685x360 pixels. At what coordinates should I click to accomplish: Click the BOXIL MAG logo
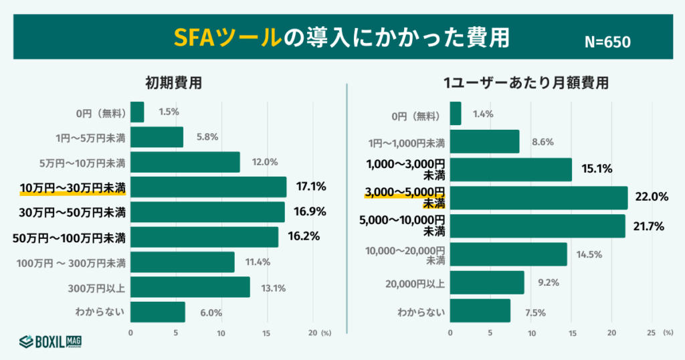click(50, 341)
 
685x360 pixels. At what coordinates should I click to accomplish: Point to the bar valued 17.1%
click(208, 187)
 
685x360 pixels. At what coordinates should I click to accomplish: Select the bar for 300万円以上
click(190, 287)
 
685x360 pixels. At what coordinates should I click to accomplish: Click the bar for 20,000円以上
click(487, 282)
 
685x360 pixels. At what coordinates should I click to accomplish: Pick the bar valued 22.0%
click(539, 197)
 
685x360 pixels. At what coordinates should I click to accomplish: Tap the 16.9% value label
click(309, 212)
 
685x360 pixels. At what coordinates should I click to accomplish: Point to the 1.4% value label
click(482, 114)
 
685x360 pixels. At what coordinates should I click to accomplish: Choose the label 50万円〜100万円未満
click(70, 237)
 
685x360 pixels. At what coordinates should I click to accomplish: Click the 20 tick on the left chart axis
click(312, 333)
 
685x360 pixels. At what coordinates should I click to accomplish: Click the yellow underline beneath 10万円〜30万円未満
click(74, 195)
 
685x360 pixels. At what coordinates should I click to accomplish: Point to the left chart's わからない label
click(102, 312)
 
